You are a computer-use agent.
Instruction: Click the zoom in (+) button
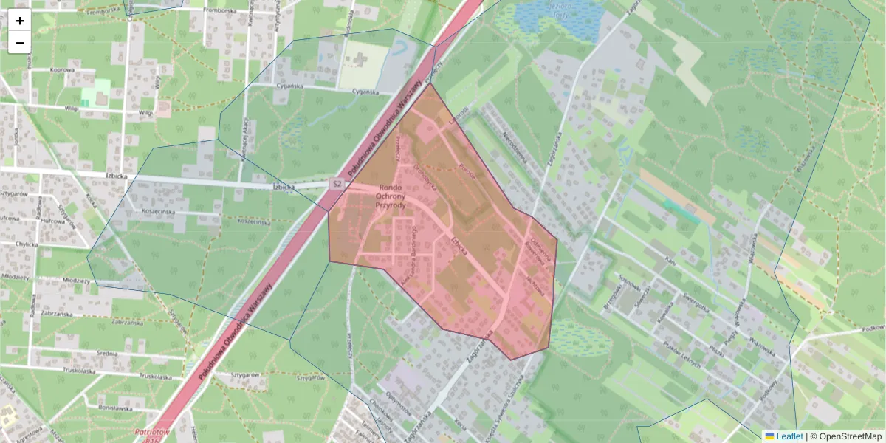click(20, 21)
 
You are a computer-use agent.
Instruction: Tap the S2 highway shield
click(337, 183)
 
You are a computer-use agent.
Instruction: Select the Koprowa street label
click(62, 70)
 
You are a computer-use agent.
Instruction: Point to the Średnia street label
click(107, 354)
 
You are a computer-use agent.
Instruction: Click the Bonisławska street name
click(114, 407)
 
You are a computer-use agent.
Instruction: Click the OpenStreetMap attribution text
click(849, 436)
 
